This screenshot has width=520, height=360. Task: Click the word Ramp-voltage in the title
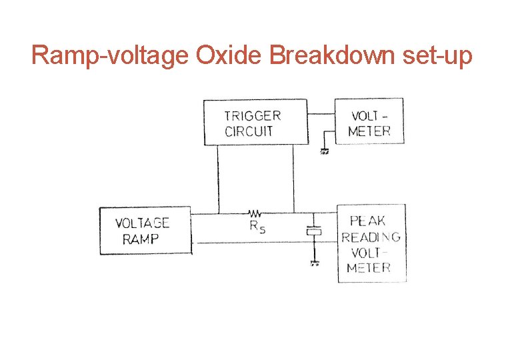[111, 56]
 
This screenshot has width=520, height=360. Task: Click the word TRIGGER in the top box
[253, 115]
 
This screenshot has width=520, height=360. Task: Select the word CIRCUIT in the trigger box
[249, 131]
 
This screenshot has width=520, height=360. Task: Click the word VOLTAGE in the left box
[142, 223]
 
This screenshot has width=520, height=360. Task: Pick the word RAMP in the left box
[141, 239]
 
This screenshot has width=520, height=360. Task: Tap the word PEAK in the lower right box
[368, 221]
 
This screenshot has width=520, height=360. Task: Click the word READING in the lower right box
[371, 237]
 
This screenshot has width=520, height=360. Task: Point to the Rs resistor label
[257, 227]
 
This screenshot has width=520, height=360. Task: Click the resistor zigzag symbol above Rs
[255, 214]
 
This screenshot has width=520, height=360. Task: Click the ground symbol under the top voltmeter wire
[325, 151]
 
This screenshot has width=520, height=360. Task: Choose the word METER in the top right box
[369, 131]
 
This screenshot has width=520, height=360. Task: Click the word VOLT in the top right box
[365, 115]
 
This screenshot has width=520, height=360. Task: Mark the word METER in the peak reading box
[369, 268]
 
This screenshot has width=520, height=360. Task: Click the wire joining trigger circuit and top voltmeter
[321, 114]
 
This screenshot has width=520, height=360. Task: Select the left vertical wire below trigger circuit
[218, 179]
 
